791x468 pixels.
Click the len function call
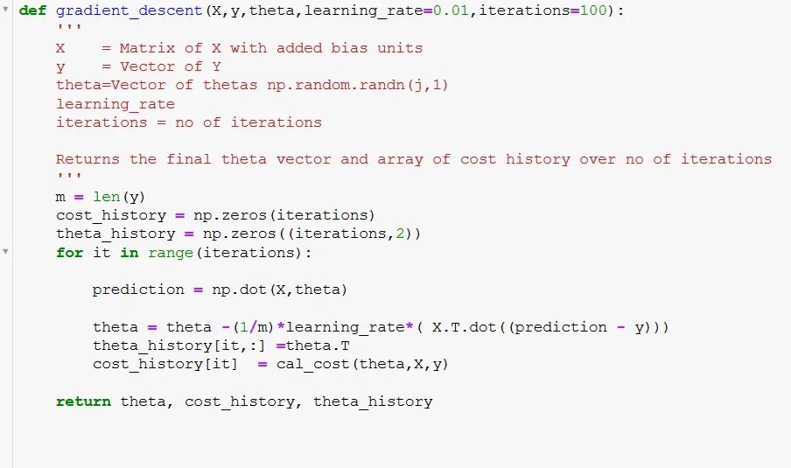106,197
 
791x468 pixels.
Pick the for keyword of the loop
70,253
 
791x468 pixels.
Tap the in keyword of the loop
129,253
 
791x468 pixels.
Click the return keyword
83,402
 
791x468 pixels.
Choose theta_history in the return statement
373,402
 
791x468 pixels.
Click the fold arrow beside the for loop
6,252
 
